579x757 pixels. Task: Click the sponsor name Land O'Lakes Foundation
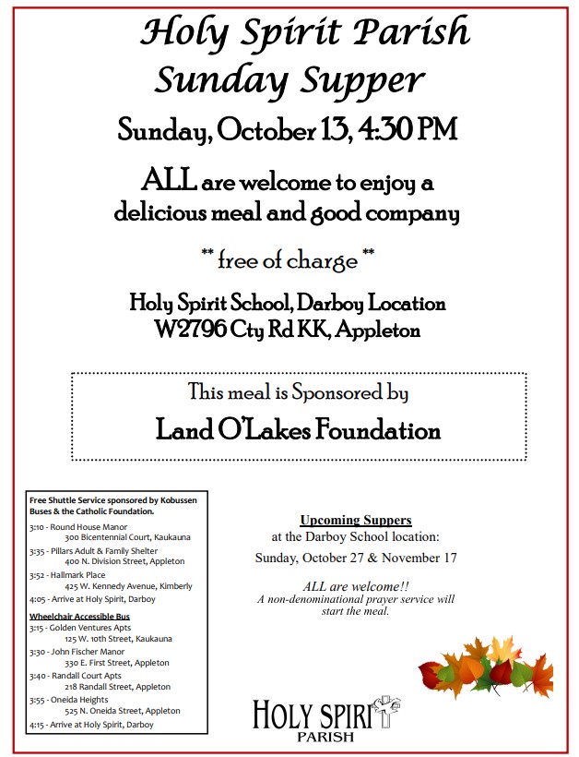(298, 430)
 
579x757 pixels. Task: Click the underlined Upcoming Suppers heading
(355, 520)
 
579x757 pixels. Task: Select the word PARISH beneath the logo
(325, 737)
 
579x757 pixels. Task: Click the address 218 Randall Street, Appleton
(117, 687)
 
